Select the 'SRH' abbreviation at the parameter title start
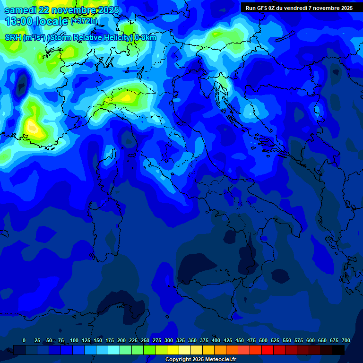pos(13,38)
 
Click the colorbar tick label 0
pos(24,340)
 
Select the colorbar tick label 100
pos(74,340)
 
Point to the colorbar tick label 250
pos(145,340)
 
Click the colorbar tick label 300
pos(169,340)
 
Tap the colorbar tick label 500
pos(263,340)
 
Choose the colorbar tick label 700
pos(346,340)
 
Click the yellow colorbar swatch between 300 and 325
pos(173,350)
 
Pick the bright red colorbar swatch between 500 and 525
pos(268,350)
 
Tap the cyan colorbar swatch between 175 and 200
pos(114,350)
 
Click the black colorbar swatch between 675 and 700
pos(338,350)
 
